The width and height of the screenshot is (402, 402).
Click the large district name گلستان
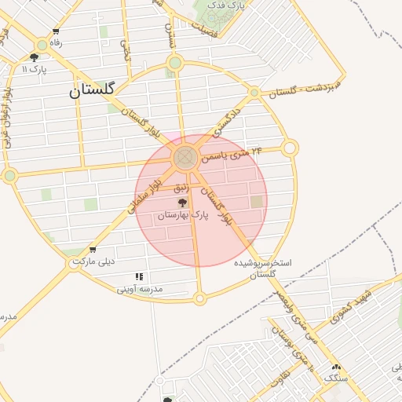92,90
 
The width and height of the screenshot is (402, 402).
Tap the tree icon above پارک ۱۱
35,57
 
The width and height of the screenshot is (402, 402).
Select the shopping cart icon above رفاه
56,31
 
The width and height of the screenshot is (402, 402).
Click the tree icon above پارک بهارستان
183,203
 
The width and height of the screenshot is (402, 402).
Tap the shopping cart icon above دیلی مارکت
93,250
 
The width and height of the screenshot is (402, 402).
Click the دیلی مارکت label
94,261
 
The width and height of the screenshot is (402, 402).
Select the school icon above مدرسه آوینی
139,277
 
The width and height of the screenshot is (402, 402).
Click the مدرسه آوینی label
140,288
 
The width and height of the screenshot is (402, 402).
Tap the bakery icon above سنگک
337,367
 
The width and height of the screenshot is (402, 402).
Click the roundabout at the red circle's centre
186,158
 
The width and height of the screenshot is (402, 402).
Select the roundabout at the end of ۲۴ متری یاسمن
290,148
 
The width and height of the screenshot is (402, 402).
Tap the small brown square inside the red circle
257,202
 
